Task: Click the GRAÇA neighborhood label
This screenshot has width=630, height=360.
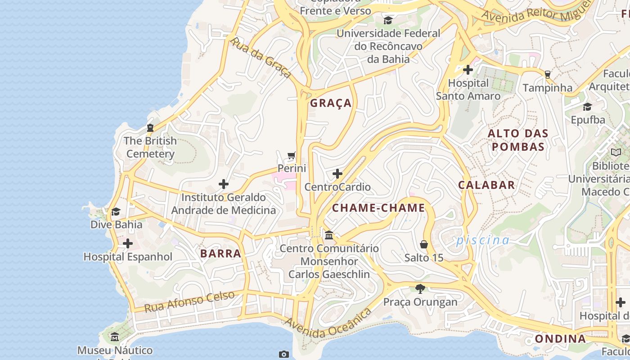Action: point(331,103)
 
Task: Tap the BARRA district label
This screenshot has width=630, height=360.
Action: point(220,253)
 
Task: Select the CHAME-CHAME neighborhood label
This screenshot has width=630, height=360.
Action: point(378,208)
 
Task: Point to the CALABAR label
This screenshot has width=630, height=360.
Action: point(486,185)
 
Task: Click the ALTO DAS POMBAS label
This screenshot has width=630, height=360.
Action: point(518,140)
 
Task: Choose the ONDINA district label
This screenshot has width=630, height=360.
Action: point(560,339)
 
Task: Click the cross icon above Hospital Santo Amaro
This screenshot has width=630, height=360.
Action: point(468,70)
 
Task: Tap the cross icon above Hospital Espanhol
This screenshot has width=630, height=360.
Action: point(128,243)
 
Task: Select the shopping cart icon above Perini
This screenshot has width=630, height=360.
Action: point(292,156)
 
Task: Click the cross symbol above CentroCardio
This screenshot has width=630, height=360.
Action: point(337,174)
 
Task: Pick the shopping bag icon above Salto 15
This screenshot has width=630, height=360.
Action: point(423,244)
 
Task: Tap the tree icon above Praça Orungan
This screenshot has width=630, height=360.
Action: point(420,288)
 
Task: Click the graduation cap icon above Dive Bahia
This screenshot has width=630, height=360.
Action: point(116,211)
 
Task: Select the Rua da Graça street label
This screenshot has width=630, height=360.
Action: point(261,58)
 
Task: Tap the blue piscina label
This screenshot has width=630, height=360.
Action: point(483,240)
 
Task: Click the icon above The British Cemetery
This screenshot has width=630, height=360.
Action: point(150,128)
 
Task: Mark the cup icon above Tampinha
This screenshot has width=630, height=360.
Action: point(548,74)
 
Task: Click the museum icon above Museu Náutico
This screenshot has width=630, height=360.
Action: point(115,337)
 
